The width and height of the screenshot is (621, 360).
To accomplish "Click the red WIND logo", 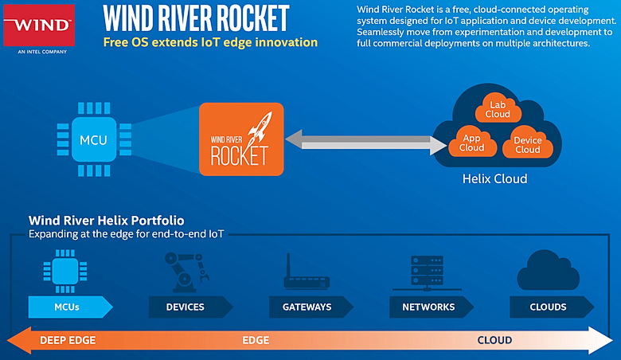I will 40,24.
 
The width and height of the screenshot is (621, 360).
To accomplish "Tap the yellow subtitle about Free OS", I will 210,42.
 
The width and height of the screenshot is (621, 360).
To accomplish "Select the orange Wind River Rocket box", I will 240,139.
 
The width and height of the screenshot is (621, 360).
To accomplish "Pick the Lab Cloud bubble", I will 498,108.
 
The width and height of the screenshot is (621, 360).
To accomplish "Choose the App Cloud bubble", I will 471,143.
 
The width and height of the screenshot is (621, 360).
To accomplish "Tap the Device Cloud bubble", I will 527,144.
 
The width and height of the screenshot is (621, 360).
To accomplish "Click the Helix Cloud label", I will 494,179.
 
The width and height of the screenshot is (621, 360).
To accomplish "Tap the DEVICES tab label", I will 185,307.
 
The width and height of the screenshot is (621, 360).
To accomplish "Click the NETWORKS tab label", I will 428,307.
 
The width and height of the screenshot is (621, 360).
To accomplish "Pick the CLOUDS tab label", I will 548,307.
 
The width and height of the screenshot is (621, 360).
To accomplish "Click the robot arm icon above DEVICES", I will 184,270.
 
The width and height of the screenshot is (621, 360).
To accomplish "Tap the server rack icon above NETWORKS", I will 428,272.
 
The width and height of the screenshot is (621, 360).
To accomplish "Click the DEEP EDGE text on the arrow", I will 68,340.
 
